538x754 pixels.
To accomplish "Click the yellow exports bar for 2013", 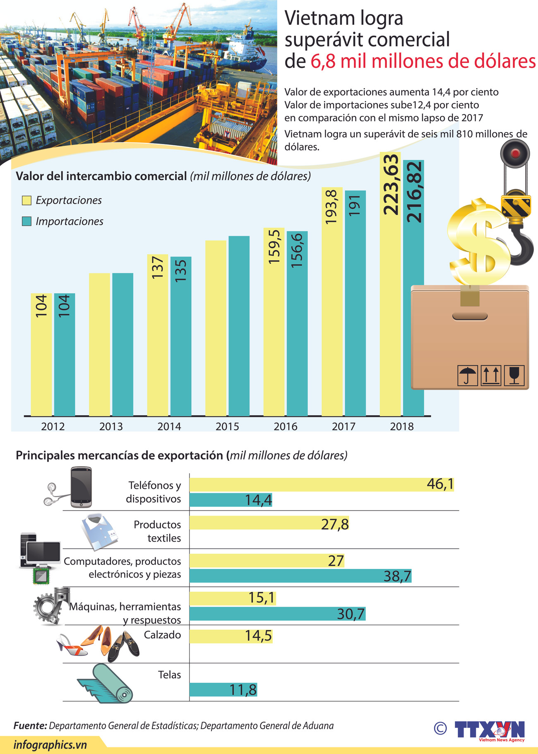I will [99, 344].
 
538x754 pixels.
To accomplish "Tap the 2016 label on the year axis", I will [285, 426].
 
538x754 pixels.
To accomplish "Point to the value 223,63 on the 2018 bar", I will [391, 184].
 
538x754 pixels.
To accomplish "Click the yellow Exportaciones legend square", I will [26, 200].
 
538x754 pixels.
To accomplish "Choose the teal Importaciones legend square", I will [26, 221].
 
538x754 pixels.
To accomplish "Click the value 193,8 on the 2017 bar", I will [332, 207].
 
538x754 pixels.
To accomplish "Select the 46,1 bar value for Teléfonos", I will [440, 484].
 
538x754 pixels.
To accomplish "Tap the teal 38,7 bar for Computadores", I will [300, 576].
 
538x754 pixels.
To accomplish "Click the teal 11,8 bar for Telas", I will [223, 690].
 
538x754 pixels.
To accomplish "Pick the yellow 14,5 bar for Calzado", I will [231, 636].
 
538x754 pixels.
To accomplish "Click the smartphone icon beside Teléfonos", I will [81, 487].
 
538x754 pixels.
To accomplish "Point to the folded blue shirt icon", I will [99, 531].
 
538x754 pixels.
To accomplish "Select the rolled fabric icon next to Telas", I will [106, 684].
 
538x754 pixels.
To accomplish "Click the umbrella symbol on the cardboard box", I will [468, 375].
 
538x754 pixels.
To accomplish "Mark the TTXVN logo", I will [490, 730].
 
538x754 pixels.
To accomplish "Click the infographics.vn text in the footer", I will [50, 745].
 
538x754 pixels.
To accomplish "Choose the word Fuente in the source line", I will [30, 725].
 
